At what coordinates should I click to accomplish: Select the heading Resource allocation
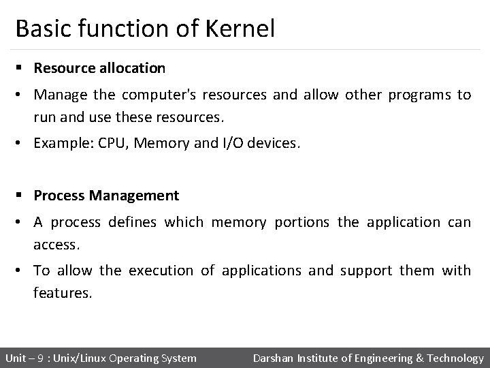click(x=99, y=68)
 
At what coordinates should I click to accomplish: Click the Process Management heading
click(x=106, y=196)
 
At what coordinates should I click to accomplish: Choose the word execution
click(x=158, y=271)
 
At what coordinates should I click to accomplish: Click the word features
click(x=61, y=292)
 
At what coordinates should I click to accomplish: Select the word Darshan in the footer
click(x=274, y=358)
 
